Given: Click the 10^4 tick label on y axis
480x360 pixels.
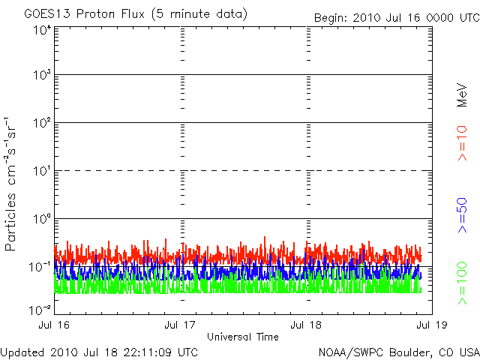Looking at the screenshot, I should point(42,30).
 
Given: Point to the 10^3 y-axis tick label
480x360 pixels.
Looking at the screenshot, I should point(42,76).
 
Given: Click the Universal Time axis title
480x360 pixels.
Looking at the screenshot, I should point(244,337).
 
